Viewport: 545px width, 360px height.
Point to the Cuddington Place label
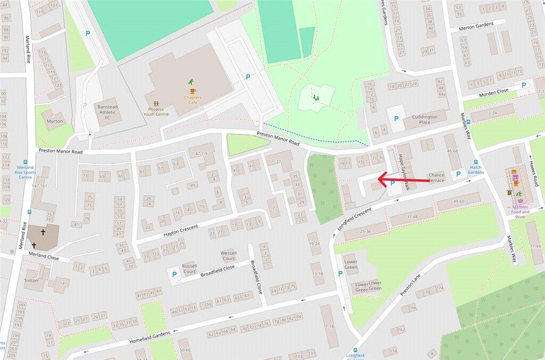pos(425,120)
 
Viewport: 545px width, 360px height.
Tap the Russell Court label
pos(189,269)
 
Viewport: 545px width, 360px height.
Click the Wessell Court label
pos(229,256)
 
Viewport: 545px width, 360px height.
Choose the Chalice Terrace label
pos(436,177)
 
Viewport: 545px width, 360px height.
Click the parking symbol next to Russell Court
pos(174,274)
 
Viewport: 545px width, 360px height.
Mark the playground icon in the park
pos(315,98)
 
